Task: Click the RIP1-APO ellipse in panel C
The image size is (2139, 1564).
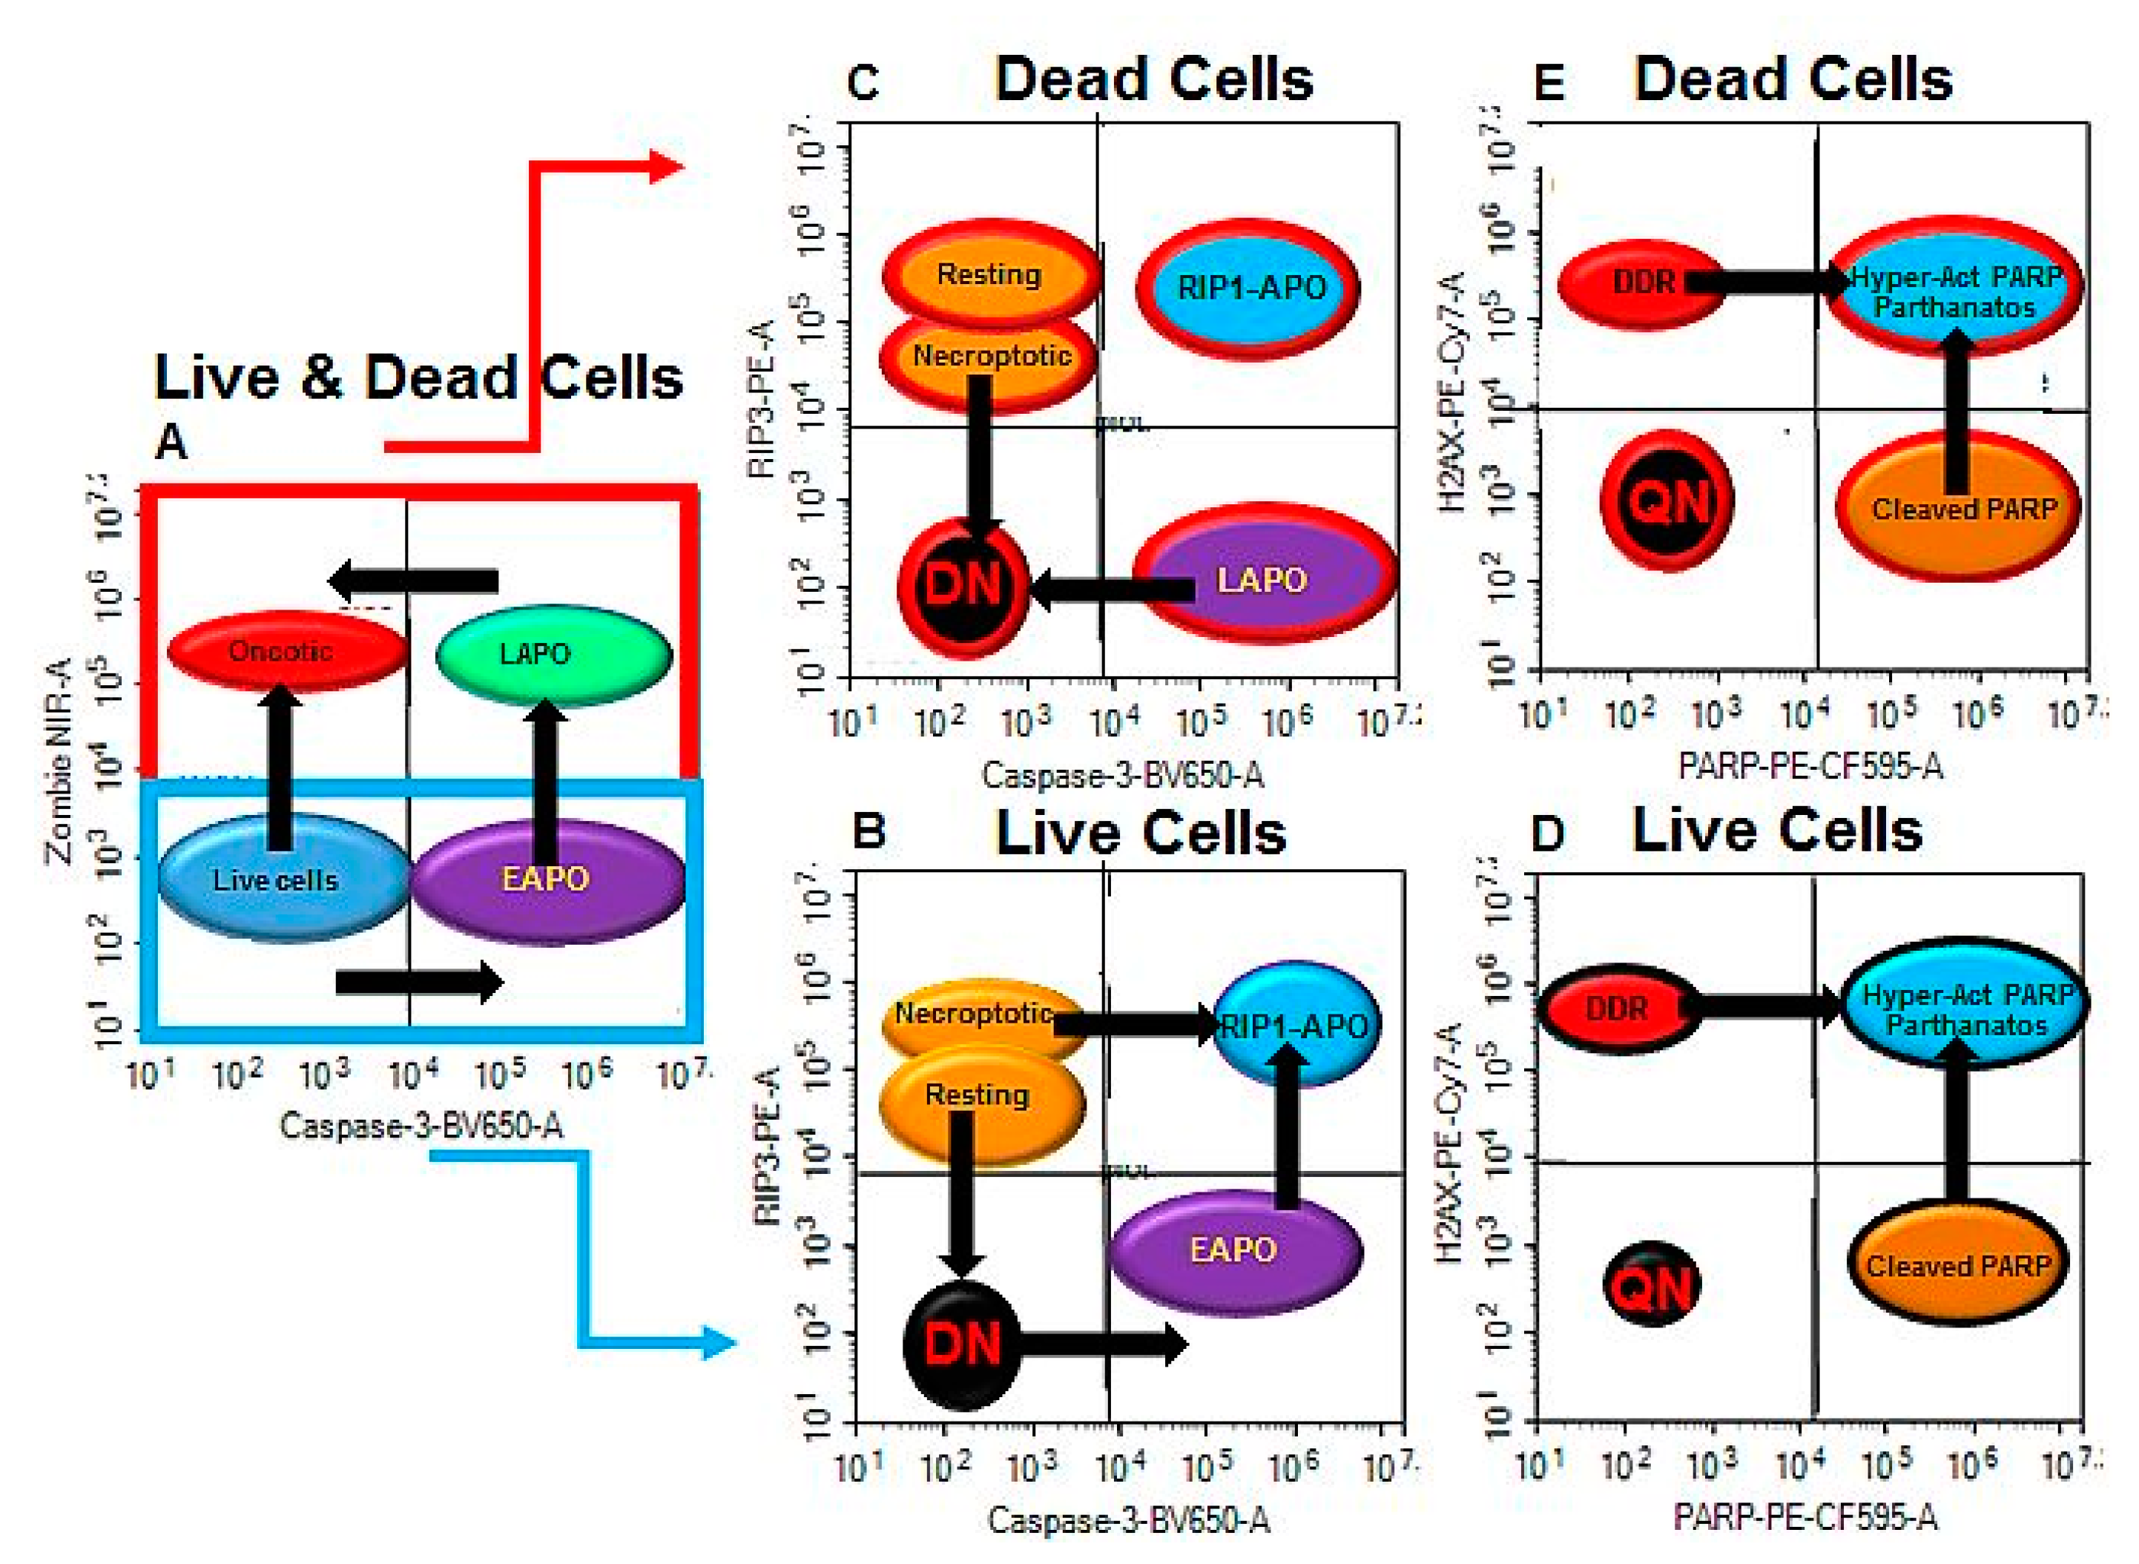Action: (1248, 288)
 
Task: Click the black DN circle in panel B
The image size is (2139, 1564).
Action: (962, 1344)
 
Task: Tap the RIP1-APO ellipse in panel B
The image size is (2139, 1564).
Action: (1295, 1024)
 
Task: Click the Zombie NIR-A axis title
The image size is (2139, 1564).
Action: (59, 762)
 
